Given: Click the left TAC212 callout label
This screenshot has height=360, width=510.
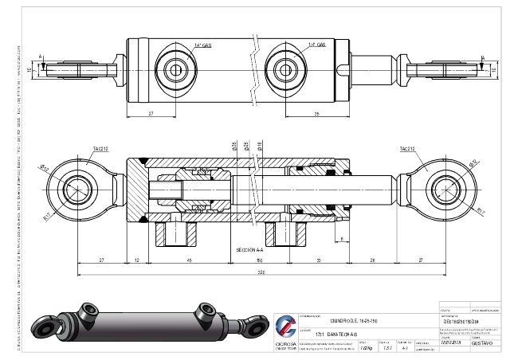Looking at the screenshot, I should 99,149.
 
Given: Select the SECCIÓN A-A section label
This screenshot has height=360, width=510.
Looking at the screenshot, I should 250,249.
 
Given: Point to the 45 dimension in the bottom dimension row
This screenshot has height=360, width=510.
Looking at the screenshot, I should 188,260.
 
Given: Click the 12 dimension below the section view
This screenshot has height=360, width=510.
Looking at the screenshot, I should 138,260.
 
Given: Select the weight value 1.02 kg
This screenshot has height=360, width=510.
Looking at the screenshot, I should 366,348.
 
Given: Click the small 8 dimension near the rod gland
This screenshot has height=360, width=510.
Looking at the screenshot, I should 341,238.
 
